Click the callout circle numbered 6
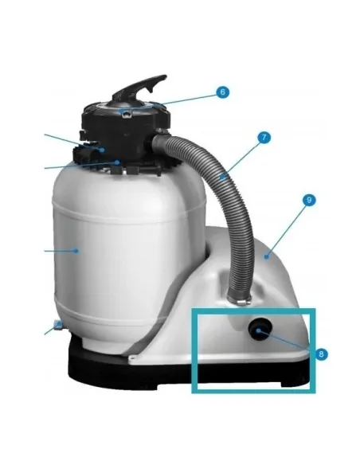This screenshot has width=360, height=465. pos(223,92)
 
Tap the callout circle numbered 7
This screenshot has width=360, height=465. pos(264,137)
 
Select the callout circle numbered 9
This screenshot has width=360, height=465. pos(309,200)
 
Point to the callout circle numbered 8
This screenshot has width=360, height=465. pos(322,354)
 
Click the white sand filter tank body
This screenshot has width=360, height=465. pos(124,252)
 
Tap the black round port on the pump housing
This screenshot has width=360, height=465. pos(260,329)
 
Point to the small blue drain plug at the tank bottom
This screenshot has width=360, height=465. pos(57,325)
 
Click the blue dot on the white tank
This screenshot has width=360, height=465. pos(76,251)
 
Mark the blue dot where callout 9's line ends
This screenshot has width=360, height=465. pos(267,256)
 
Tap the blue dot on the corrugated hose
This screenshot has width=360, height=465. pos(221,178)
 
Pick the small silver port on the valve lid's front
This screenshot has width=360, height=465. pos(127,113)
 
